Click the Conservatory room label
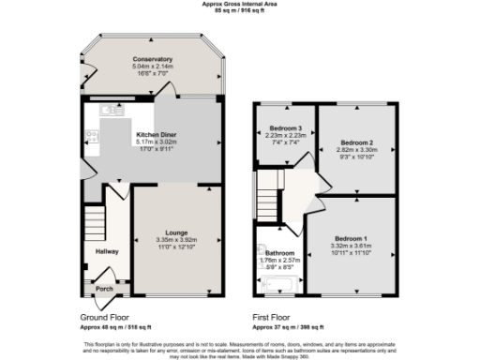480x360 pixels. (x=152, y=59)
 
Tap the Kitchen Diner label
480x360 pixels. (x=156, y=135)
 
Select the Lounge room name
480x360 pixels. (x=176, y=232)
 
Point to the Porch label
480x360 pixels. (x=104, y=289)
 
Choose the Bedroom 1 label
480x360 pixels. (x=352, y=238)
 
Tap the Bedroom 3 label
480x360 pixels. (x=285, y=127)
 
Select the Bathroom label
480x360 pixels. (x=278, y=253)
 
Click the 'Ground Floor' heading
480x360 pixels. (x=104, y=319)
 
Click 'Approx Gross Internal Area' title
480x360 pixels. (x=240, y=4)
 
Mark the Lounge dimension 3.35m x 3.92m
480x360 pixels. (x=176, y=239)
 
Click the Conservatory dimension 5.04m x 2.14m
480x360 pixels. (x=152, y=67)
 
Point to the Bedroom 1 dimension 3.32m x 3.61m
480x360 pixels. (x=352, y=246)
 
